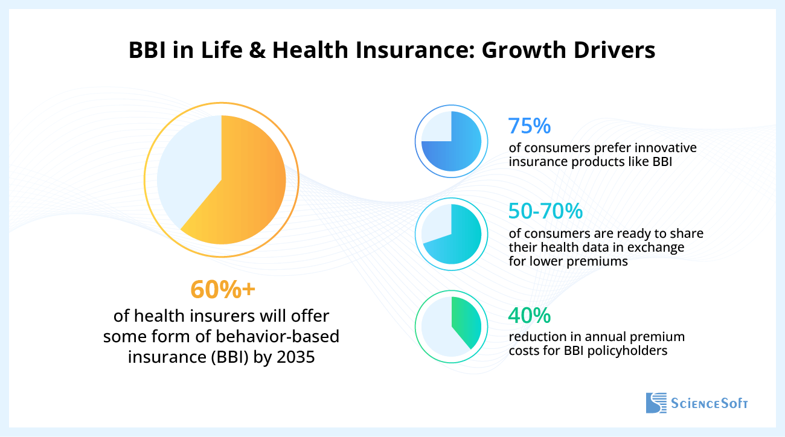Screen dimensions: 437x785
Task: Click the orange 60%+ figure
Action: click(223, 290)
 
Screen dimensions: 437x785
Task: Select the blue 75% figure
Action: click(529, 126)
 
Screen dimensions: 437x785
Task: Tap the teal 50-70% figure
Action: click(545, 211)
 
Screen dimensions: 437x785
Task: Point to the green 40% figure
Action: click(529, 315)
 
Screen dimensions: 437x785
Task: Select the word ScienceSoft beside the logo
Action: click(710, 403)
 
